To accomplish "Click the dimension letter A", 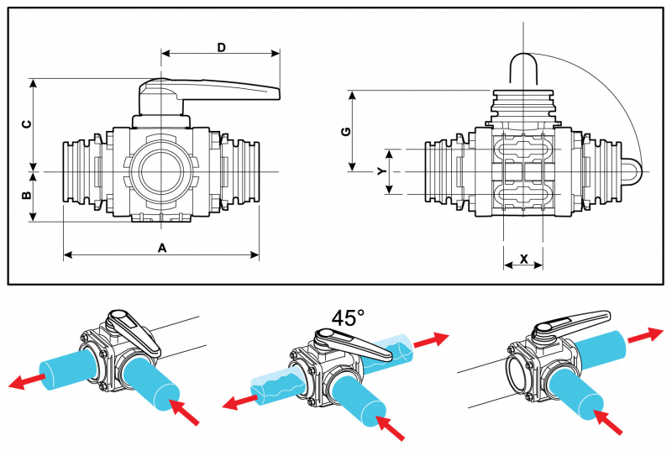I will pos(162,247).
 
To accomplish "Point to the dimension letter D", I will pos(221,48).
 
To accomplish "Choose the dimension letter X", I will pos(523,260).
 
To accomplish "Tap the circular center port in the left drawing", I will pos(161,170).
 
